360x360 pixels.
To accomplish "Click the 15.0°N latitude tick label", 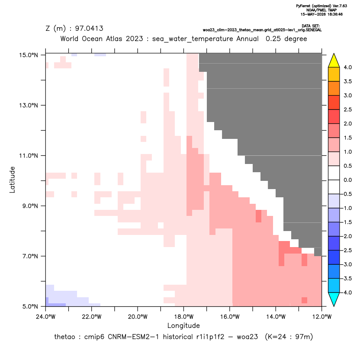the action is point(29,55).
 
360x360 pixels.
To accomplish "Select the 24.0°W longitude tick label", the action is point(46,317).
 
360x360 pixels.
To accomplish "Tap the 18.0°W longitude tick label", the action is point(183,317).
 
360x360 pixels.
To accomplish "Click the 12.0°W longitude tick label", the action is point(321,317).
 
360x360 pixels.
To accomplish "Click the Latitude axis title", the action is point(12,180).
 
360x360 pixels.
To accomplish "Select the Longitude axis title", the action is point(183,325).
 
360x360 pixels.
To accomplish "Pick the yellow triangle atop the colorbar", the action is point(334,61).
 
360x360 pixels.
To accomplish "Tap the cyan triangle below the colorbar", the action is point(334,299).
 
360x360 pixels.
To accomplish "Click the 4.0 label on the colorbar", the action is point(347,67).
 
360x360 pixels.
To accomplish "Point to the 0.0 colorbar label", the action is point(347,180).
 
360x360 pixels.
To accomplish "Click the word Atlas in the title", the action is point(114,39).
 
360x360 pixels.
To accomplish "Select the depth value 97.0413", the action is point(89,28).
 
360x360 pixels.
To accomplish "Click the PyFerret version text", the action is point(321,6).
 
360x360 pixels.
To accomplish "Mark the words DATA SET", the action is point(310,26).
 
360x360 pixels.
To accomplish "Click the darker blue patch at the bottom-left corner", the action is point(56,305).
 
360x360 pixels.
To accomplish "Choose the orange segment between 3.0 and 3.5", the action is point(334,88).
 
